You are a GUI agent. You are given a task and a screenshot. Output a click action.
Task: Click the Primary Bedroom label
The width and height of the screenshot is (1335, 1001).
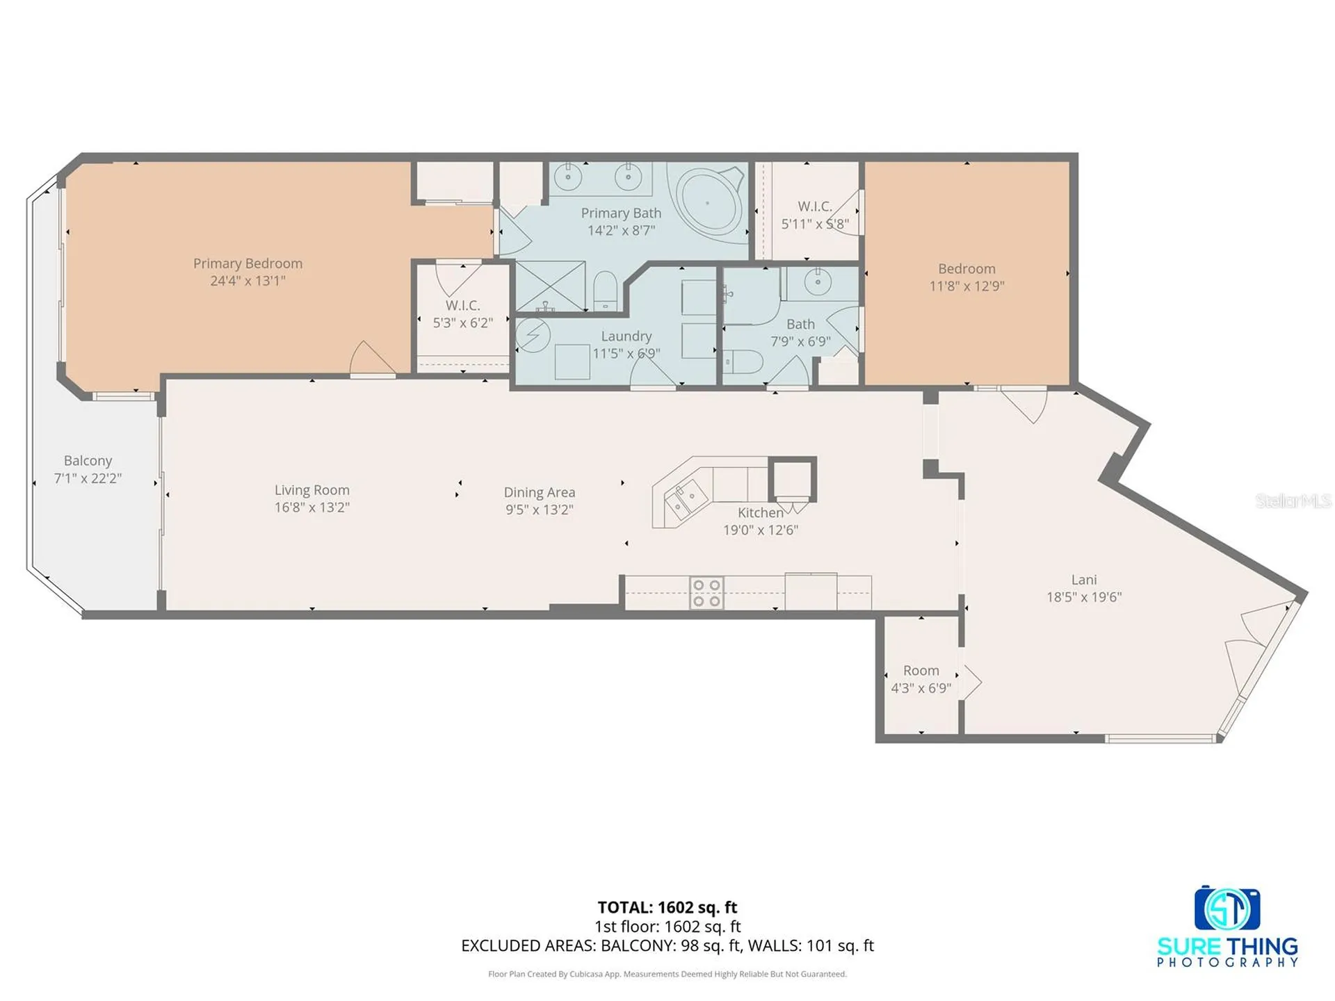[248, 263]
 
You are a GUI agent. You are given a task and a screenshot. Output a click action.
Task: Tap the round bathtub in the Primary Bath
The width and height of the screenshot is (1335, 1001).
[707, 203]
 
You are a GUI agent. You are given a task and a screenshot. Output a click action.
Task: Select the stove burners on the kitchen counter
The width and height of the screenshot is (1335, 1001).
[706, 593]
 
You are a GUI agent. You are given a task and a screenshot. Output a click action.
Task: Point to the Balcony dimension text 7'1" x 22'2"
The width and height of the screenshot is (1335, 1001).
[88, 478]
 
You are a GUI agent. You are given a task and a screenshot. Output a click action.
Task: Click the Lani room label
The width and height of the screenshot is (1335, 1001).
[1084, 580]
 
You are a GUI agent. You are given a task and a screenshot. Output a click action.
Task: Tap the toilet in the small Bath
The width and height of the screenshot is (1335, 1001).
[743, 362]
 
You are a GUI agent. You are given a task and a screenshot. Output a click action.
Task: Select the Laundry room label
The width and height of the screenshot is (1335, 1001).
[626, 336]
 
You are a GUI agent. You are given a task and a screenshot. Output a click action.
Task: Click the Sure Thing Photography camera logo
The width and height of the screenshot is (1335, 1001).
[1227, 909]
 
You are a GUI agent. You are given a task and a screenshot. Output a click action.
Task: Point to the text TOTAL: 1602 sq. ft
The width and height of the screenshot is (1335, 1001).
[667, 907]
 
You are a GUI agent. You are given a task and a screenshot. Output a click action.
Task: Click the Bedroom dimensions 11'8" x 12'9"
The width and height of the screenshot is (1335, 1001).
[966, 286]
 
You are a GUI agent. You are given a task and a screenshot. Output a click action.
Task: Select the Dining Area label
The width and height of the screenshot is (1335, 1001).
[540, 492]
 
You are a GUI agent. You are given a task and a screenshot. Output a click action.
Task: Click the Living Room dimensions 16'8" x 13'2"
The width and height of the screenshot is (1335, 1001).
[311, 507]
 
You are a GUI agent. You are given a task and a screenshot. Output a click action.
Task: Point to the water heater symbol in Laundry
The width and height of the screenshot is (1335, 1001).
[533, 336]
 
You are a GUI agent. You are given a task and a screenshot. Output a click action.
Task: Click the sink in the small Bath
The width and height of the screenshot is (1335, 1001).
[818, 282]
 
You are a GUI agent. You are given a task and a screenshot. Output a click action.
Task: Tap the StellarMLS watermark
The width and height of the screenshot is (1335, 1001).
[1293, 500]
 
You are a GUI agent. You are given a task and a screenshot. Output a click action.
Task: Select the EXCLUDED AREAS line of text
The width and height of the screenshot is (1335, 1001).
[667, 945]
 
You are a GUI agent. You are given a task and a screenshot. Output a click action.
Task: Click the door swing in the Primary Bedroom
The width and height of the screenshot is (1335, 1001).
[373, 358]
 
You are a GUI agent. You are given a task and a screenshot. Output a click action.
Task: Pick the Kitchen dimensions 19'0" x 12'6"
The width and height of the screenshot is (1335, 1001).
[761, 530]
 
